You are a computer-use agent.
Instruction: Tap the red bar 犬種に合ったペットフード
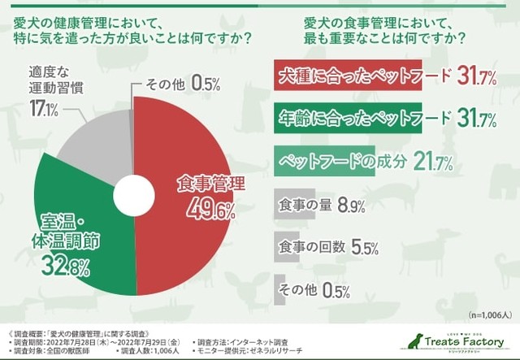pyautogui.click(x=349, y=78)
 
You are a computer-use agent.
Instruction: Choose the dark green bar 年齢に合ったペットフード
pyautogui.click(x=349, y=120)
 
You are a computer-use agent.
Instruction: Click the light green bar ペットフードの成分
pyautogui.click(x=325, y=162)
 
